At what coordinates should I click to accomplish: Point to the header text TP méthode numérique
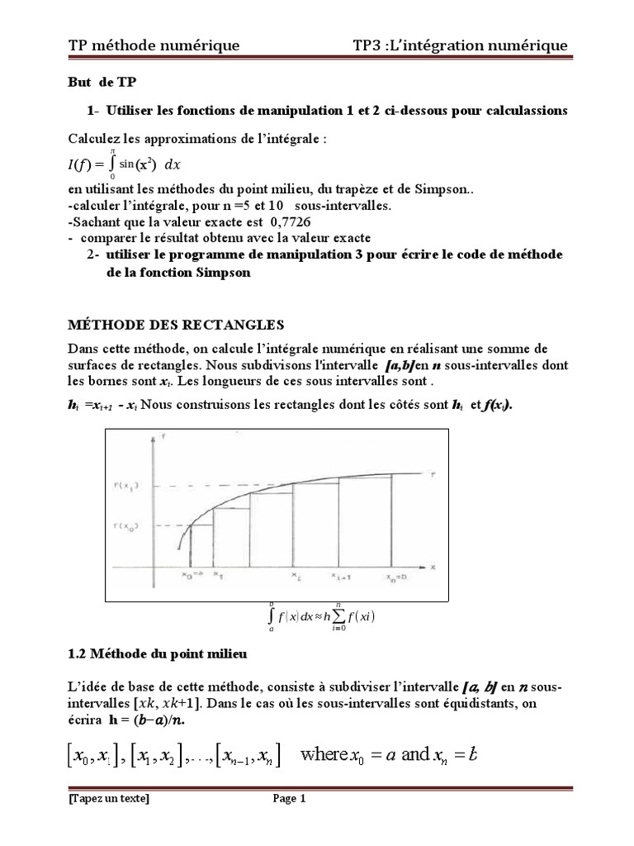[154, 45]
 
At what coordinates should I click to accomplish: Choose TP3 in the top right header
[367, 45]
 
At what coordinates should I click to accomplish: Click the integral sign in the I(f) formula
[111, 167]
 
